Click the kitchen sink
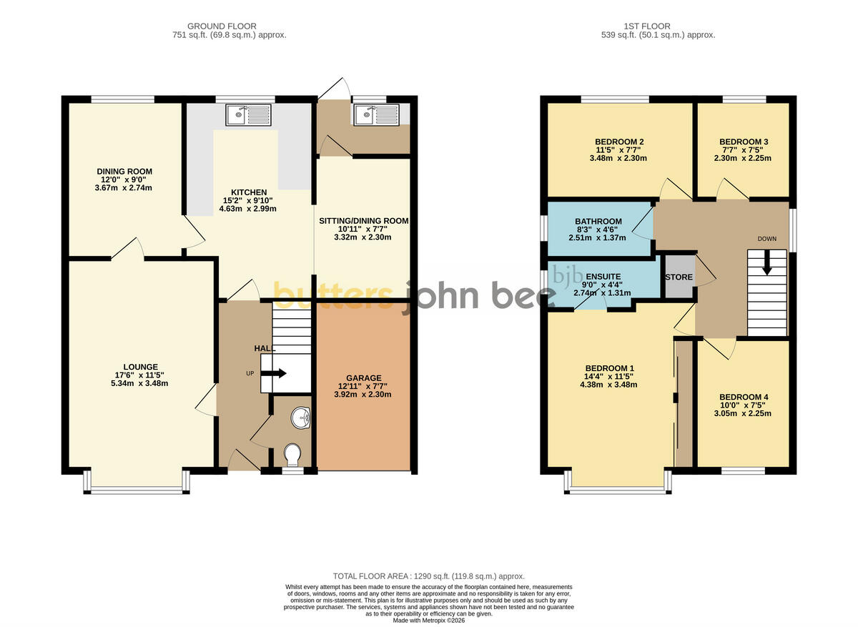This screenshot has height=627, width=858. click(x=248, y=115)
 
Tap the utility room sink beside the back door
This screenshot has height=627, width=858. click(x=377, y=115)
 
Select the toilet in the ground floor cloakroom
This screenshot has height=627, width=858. click(x=293, y=455)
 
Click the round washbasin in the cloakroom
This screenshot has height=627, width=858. click(x=301, y=418)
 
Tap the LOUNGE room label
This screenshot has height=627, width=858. click(x=141, y=367)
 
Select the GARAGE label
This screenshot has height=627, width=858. click(x=364, y=377)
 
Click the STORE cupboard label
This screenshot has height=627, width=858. click(x=679, y=277)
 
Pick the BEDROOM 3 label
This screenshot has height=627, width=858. click(x=744, y=142)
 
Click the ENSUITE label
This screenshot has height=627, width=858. click(x=603, y=276)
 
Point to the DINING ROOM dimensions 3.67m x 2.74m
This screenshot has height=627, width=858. click(x=123, y=188)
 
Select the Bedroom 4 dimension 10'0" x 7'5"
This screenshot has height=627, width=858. click(x=744, y=405)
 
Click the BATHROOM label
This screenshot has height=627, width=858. click(x=598, y=221)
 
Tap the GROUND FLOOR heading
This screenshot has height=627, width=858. click(x=222, y=26)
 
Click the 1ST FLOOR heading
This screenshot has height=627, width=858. click(x=647, y=26)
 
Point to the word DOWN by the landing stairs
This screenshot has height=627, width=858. click(x=766, y=239)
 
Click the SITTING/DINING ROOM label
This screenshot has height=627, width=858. click(x=363, y=221)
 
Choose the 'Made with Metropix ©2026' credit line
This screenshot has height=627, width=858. click(x=428, y=621)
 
